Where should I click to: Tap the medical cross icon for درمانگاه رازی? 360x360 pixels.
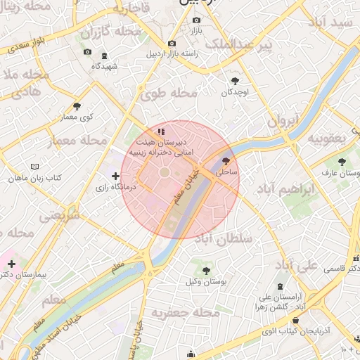pyautogui.click(x=116, y=176)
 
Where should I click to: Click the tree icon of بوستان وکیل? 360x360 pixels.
pyautogui.click(x=205, y=270)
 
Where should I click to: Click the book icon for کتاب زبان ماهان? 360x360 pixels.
pyautogui.click(x=35, y=167)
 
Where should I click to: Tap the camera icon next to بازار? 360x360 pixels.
pyautogui.click(x=196, y=20)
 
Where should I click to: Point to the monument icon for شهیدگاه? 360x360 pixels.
pyautogui.click(x=105, y=56)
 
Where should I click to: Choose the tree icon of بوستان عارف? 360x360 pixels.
pyautogui.click(x=342, y=162)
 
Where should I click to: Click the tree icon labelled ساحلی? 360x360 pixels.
pyautogui.click(x=226, y=160)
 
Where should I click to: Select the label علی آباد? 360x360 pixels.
pyautogui.click(x=295, y=265)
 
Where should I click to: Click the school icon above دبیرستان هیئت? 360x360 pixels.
pyautogui.click(x=161, y=131)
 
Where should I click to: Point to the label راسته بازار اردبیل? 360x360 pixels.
pyautogui.click(x=172, y=53)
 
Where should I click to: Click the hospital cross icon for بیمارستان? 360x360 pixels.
pyautogui.click(x=11, y=264)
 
